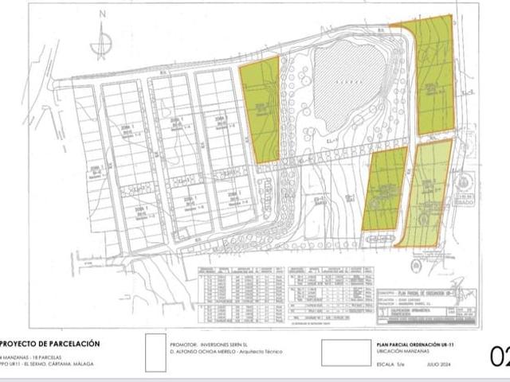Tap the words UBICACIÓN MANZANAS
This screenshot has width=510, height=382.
[x=395, y=351]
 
